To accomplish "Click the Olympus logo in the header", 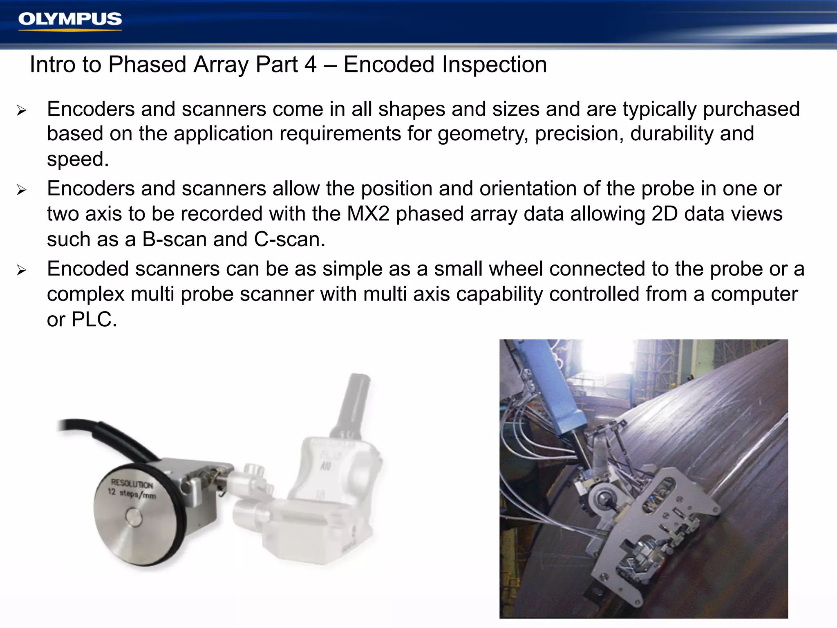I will (70, 20).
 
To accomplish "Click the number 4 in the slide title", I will (311, 65).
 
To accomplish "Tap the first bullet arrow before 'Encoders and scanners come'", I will (21, 110).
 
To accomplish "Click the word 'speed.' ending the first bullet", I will (78, 159).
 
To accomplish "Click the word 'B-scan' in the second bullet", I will (174, 239).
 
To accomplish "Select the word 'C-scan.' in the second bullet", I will (290, 239).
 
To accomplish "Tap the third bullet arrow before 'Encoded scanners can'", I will (21, 270).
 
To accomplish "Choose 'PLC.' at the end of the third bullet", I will (94, 319).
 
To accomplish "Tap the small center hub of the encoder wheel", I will (134, 517).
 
